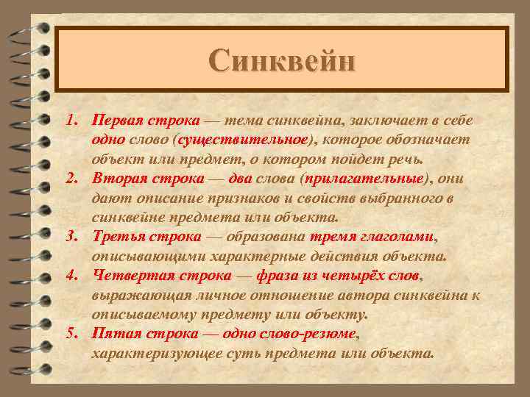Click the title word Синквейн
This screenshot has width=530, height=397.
click(x=282, y=60)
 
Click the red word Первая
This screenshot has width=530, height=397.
click(x=118, y=120)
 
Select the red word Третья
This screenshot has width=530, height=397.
click(x=119, y=237)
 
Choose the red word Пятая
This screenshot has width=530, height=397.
click(x=114, y=335)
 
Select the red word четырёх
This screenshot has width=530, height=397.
click(x=346, y=276)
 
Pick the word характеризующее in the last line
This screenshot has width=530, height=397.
click(x=154, y=354)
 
